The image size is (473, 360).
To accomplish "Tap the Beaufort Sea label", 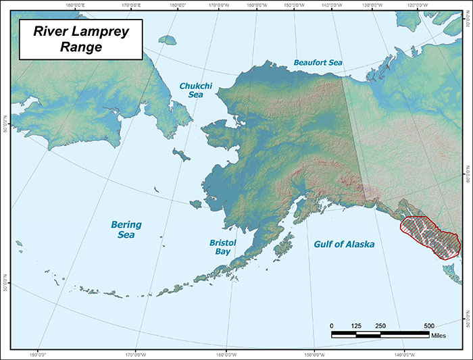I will point(318,62).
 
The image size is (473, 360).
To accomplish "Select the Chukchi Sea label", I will point(194,91).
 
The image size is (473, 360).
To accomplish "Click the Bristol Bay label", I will point(222,245).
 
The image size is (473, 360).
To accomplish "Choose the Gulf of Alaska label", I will point(344,244).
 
